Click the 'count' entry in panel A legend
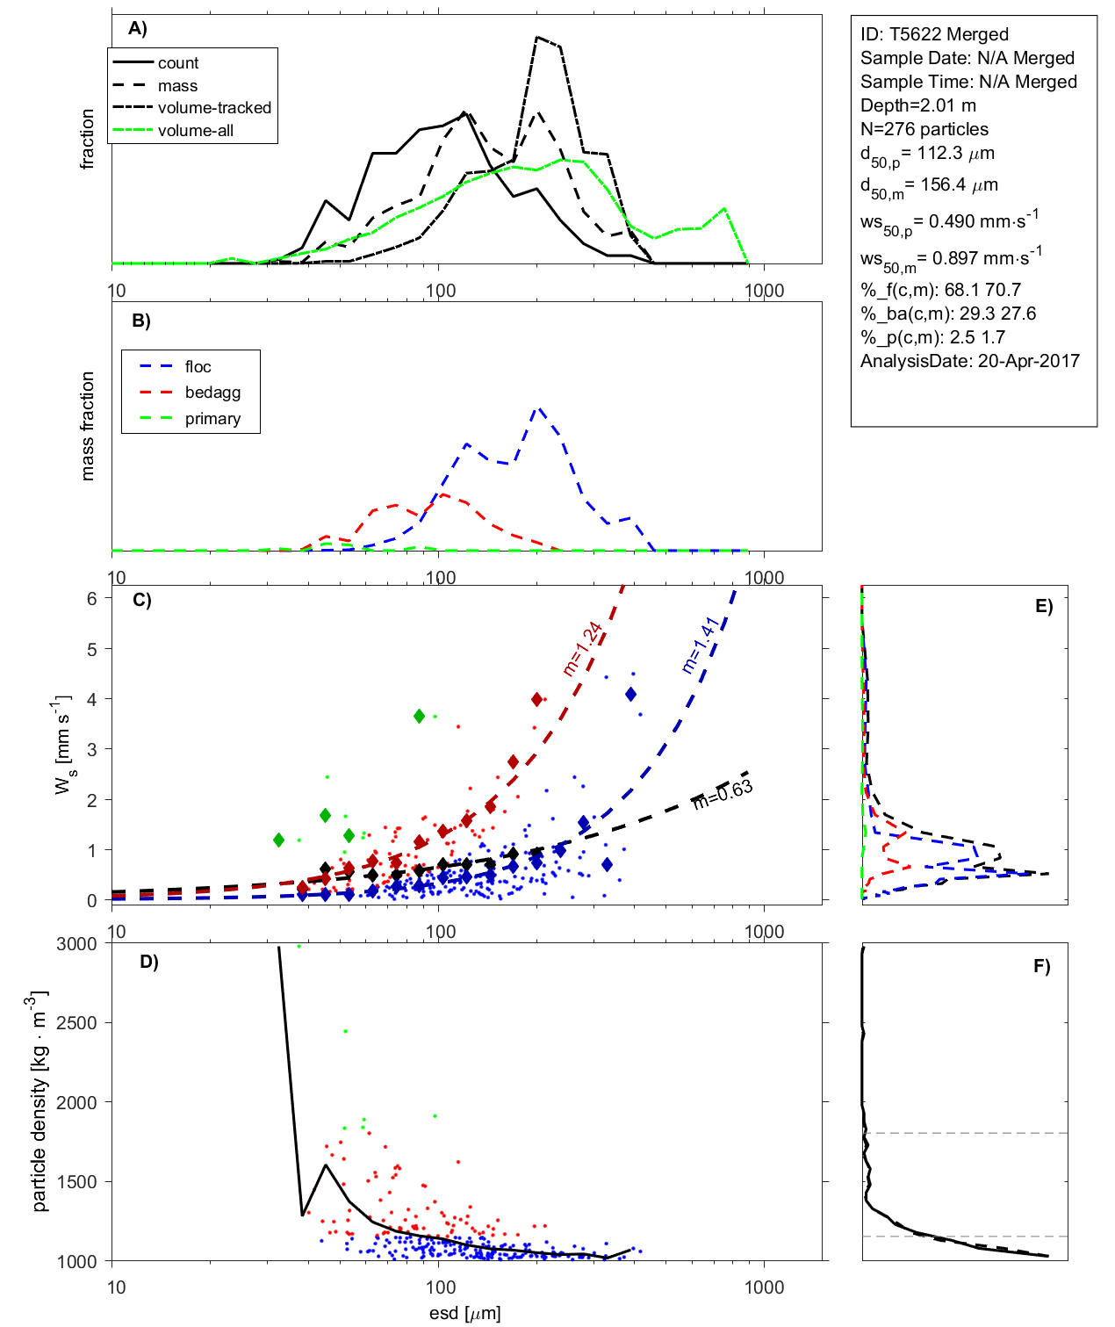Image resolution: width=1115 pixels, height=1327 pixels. pyautogui.click(x=178, y=63)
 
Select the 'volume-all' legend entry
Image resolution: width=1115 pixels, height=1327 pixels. pyautogui.click(x=195, y=131)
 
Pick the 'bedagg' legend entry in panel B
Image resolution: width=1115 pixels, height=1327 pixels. pyautogui.click(x=212, y=393)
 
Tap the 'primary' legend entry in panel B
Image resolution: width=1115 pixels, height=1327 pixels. pyautogui.click(x=212, y=419)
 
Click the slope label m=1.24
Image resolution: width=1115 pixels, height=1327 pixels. pyautogui.click(x=582, y=649)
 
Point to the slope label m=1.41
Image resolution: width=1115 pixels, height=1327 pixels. pyautogui.click(x=701, y=645)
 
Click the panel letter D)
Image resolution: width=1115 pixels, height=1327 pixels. pyautogui.click(x=149, y=962)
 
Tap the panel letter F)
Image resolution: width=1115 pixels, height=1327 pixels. pyautogui.click(x=1042, y=966)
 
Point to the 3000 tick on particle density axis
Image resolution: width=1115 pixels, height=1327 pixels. pyautogui.click(x=76, y=944)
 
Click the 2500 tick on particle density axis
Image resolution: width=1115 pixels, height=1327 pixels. pyautogui.click(x=76, y=1023)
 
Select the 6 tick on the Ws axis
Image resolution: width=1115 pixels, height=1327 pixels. pyautogui.click(x=91, y=598)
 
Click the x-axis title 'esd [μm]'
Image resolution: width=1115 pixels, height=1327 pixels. pyautogui.click(x=464, y=1314)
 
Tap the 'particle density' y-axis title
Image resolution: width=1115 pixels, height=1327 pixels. pyautogui.click(x=40, y=1102)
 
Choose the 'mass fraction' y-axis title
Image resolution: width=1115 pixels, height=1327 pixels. pyautogui.click(x=87, y=426)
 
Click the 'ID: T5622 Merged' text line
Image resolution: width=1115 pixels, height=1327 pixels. pyautogui.click(x=934, y=34)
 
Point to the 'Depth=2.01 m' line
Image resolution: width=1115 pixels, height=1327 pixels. pyautogui.click(x=917, y=105)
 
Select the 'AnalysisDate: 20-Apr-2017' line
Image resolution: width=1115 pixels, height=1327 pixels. pyautogui.click(x=969, y=361)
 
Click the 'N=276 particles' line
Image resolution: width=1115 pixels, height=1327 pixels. pyautogui.click(x=924, y=129)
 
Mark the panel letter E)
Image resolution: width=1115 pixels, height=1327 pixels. pyautogui.click(x=1043, y=606)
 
